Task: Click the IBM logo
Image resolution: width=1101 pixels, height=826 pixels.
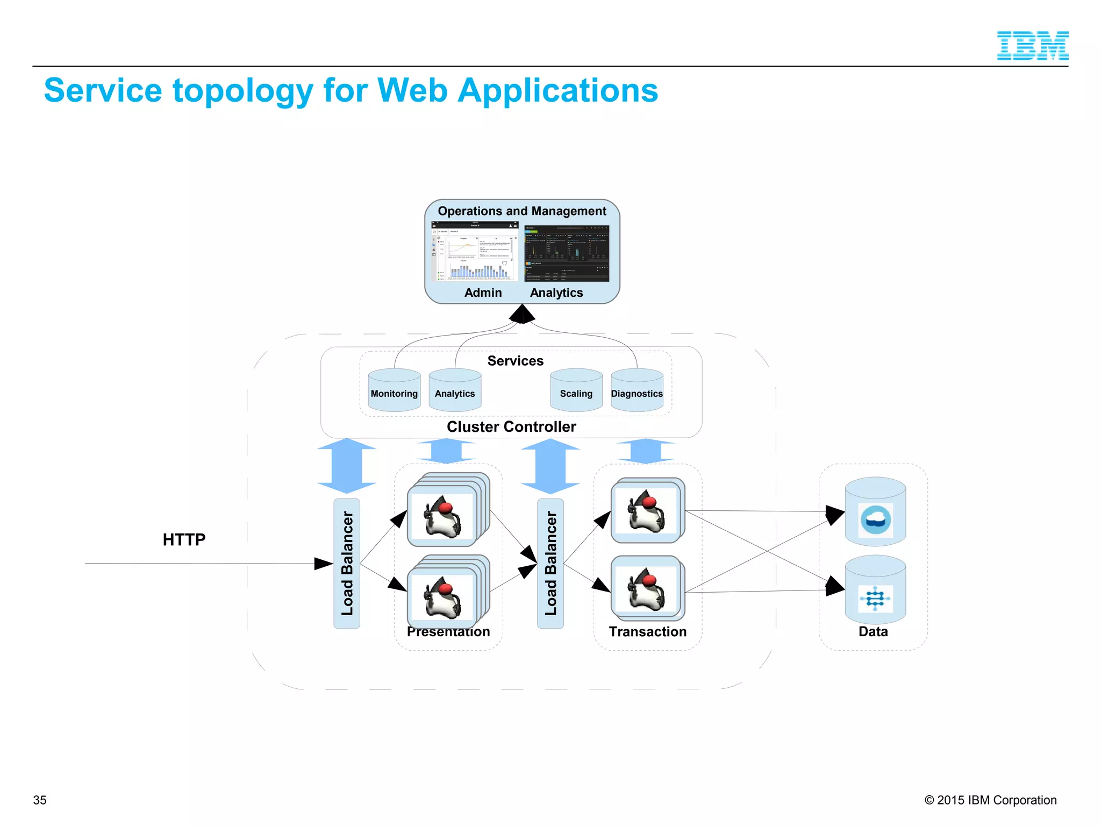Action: (1032, 46)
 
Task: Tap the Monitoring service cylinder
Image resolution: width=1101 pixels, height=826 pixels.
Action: (394, 391)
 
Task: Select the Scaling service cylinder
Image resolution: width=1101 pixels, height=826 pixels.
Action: (576, 391)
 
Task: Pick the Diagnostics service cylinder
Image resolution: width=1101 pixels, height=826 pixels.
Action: (637, 391)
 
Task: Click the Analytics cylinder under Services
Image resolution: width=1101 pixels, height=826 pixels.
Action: (455, 391)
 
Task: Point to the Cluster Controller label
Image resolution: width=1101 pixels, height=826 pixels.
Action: (511, 427)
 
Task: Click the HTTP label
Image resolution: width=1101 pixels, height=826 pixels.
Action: (184, 539)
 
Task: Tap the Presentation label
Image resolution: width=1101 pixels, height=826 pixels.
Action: (448, 632)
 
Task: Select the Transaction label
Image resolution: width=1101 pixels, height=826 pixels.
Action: (648, 632)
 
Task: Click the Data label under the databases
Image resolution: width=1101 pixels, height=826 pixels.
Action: (873, 632)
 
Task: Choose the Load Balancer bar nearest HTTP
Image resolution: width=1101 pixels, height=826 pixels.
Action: (347, 563)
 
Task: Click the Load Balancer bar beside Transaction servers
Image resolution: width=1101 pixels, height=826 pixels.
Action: (550, 563)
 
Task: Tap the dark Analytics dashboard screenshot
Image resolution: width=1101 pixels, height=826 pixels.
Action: (567, 253)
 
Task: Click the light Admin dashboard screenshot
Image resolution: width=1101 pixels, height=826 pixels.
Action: (475, 252)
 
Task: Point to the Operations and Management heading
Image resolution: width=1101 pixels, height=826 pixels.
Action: (522, 211)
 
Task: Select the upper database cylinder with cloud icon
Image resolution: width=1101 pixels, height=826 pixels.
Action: (875, 512)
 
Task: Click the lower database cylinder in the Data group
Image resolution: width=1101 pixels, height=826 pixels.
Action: (875, 590)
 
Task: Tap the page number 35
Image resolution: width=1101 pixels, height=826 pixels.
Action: (40, 800)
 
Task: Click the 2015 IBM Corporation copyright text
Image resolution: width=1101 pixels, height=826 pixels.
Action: (990, 800)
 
